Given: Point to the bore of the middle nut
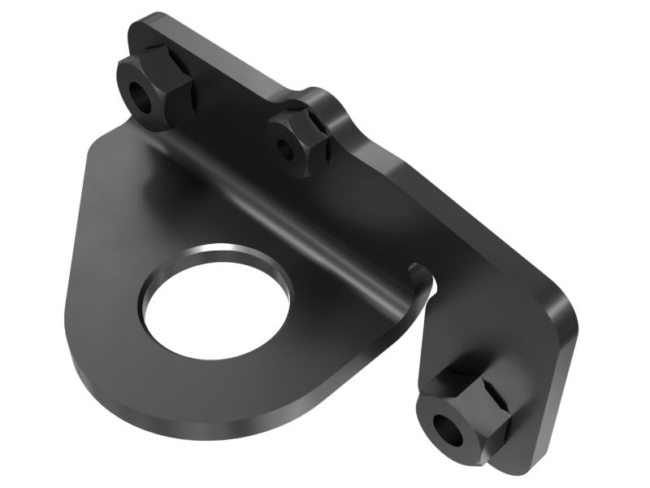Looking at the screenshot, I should (x=285, y=149).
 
